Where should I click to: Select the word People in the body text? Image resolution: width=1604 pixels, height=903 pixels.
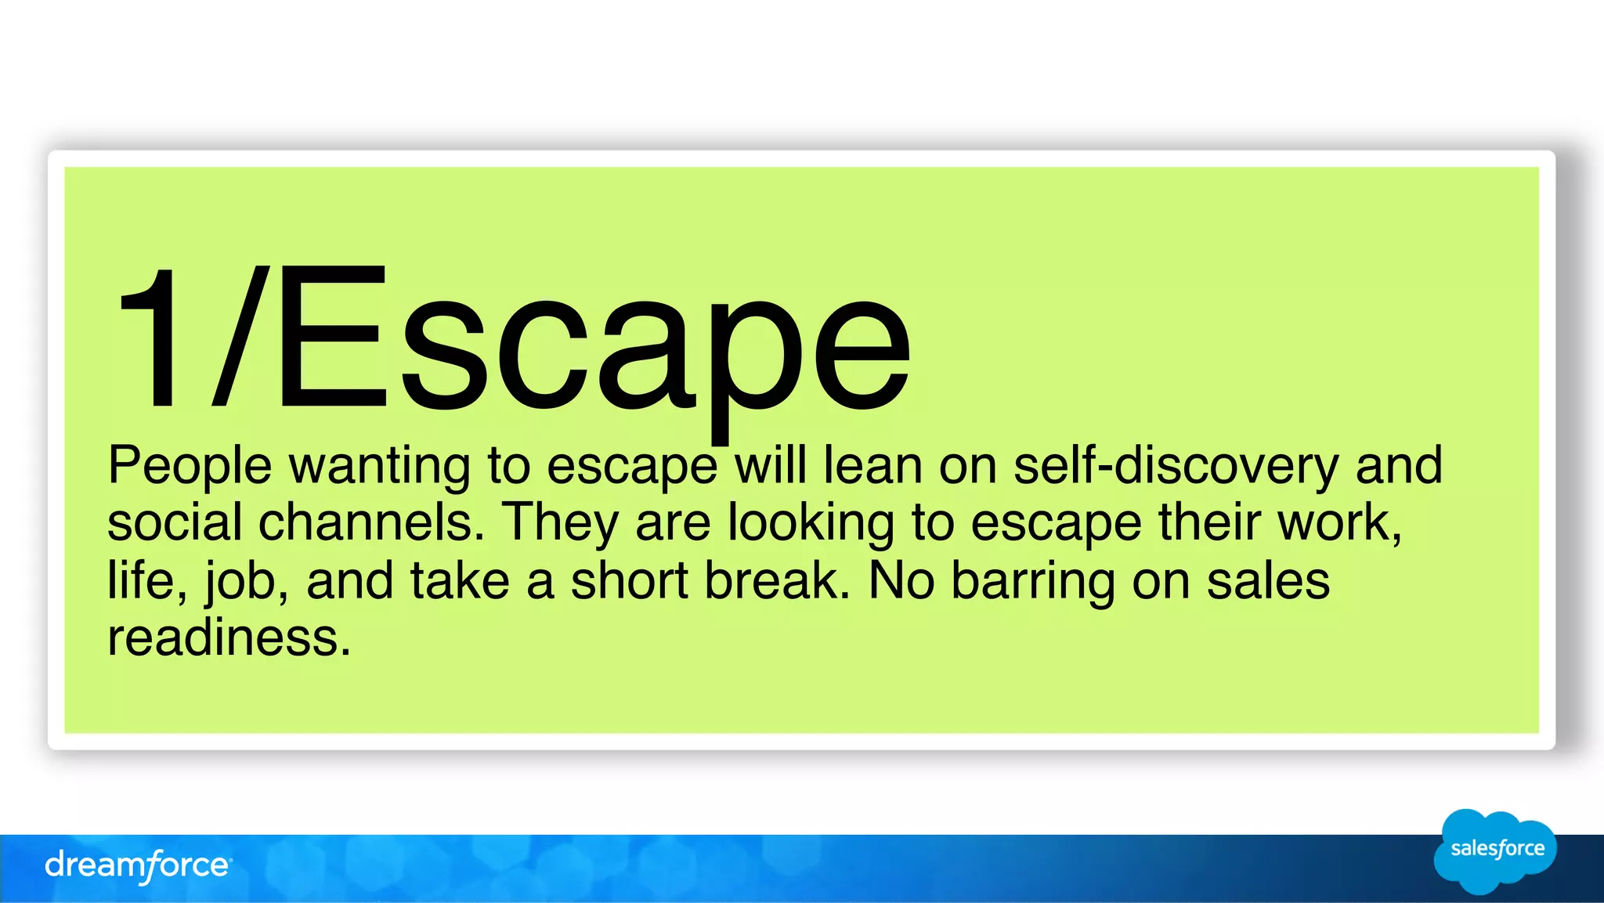[x=190, y=466]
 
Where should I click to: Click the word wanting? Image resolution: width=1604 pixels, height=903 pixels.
[x=380, y=466]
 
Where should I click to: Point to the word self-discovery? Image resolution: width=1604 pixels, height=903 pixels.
[x=1176, y=466]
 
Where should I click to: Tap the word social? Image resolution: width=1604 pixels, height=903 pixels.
[x=175, y=522]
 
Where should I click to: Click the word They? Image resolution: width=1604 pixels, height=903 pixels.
[x=560, y=522]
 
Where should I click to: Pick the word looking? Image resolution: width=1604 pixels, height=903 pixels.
[x=811, y=522]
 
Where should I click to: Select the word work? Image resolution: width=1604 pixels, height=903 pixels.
[x=1339, y=522]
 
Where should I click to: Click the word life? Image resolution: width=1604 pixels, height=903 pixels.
[x=146, y=580]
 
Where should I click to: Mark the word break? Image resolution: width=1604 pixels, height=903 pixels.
[x=776, y=580]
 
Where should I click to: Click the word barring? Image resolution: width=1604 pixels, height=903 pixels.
[x=1033, y=580]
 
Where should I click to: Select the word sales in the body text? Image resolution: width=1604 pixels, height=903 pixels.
[x=1268, y=580]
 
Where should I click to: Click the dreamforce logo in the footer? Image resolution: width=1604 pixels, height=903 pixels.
[x=138, y=865]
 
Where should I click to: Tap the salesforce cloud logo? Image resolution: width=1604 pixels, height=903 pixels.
[x=1495, y=851]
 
